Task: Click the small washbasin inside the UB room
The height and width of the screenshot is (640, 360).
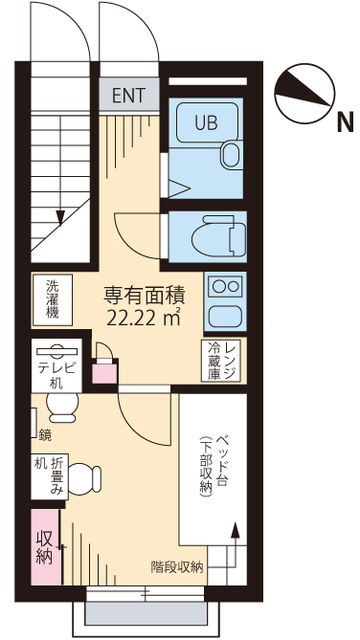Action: click(x=228, y=152)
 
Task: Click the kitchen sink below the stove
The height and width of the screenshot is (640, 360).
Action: click(x=221, y=317)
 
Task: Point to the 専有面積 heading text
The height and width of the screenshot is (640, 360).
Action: click(x=144, y=295)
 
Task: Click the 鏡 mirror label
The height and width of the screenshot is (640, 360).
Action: click(x=44, y=434)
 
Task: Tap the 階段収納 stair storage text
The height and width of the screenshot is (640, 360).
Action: click(x=177, y=567)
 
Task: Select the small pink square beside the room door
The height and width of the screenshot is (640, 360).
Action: click(x=100, y=375)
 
